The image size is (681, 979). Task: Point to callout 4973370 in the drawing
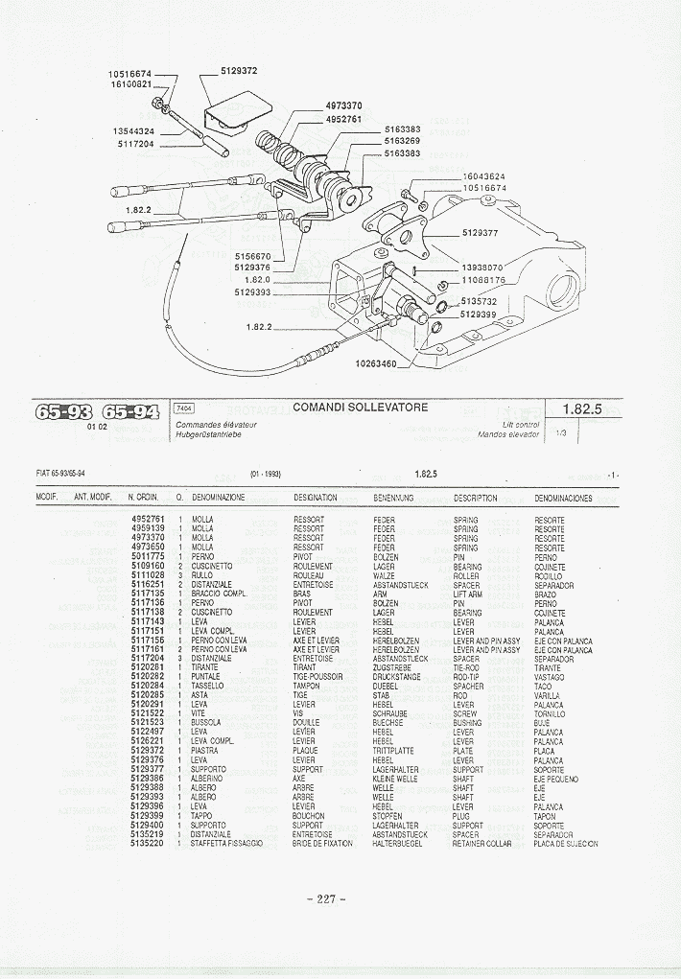[x=343, y=105]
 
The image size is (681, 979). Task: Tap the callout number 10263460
[x=377, y=363]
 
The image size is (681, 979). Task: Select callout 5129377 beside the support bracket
[x=480, y=233]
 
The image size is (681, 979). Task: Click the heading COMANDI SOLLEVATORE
[x=361, y=408]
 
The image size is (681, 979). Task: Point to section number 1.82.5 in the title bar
[x=582, y=408]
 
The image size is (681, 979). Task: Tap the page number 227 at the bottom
[x=326, y=898]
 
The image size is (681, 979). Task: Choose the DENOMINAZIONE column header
[x=219, y=498]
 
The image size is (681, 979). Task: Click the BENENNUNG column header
[x=393, y=498]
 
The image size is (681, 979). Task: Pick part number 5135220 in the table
[x=148, y=844]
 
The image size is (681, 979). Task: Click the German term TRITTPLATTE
[x=393, y=751]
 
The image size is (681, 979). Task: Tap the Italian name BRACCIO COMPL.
[x=220, y=594]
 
